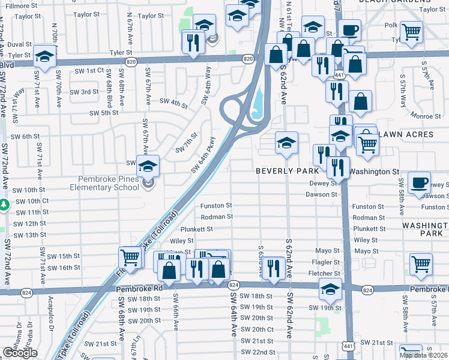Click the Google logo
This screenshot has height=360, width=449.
pos(20,353)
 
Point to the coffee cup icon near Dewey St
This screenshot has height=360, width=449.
pos(418,182)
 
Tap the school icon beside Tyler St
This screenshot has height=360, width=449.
pos(44,56)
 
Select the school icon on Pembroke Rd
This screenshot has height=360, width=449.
pos(330,289)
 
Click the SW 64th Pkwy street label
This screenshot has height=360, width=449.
pos(203,157)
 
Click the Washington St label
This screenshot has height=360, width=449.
pos(374,172)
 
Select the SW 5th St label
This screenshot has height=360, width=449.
pos(104,113)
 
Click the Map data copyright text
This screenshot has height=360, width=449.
pos(423,355)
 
